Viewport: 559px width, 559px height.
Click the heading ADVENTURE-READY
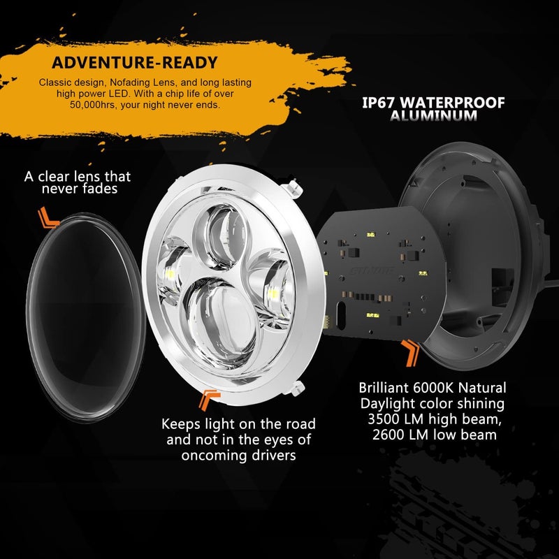click(x=135, y=63)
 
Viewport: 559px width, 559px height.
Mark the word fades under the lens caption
click(x=103, y=189)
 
